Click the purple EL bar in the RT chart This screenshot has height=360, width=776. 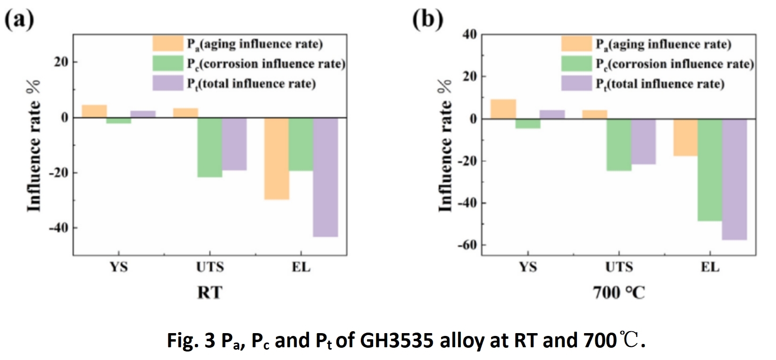(325, 177)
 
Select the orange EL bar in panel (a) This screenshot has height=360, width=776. (276, 159)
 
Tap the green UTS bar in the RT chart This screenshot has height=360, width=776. (209, 147)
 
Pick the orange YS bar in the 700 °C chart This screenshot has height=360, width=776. (503, 109)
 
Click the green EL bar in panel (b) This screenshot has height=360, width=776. (709, 170)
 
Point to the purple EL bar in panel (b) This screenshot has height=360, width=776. (734, 179)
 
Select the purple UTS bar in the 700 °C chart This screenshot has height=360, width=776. (643, 142)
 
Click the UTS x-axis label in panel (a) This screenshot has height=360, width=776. (210, 268)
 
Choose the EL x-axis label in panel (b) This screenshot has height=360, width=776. (710, 268)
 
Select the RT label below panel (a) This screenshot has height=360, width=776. (209, 293)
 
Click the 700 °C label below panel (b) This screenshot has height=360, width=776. (618, 293)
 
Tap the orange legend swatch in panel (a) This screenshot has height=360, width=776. (167, 44)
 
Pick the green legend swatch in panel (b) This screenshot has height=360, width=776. (576, 64)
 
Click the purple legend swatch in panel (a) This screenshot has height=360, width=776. (167, 83)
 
